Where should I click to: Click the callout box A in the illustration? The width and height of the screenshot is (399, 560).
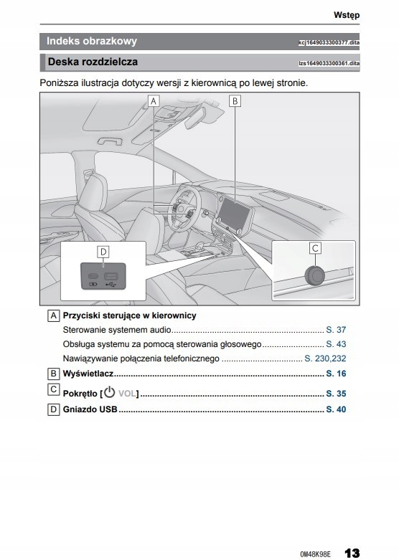[x=154, y=101]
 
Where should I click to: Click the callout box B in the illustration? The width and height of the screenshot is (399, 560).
[x=235, y=101]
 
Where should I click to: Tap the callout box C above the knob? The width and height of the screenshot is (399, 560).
[x=315, y=248]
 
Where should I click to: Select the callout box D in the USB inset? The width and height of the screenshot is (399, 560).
[x=103, y=252]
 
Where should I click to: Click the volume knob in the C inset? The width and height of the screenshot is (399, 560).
[x=315, y=275]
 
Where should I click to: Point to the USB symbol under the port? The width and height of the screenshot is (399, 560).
[x=111, y=285]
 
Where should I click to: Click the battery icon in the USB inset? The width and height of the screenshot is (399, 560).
[x=93, y=285]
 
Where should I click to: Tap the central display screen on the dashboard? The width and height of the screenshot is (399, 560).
[x=234, y=214]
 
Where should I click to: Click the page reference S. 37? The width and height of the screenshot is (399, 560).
[x=336, y=330]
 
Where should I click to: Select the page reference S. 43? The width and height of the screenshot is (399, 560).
[x=336, y=344]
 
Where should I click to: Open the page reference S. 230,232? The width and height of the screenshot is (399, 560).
[x=325, y=359]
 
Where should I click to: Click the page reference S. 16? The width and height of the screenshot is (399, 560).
[x=336, y=374]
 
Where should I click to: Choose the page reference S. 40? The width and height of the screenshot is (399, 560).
[x=336, y=409]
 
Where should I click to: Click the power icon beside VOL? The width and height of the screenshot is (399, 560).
[x=109, y=392]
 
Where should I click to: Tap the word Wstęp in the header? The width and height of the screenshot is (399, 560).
[x=347, y=15]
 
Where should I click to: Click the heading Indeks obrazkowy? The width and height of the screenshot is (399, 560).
[x=92, y=41]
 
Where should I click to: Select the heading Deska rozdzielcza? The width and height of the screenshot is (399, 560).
[x=93, y=62]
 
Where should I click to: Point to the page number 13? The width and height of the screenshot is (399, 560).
[x=352, y=554]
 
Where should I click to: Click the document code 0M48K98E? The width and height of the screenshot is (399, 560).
[x=315, y=554]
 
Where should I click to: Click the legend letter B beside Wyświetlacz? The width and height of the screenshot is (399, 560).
[x=53, y=374]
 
